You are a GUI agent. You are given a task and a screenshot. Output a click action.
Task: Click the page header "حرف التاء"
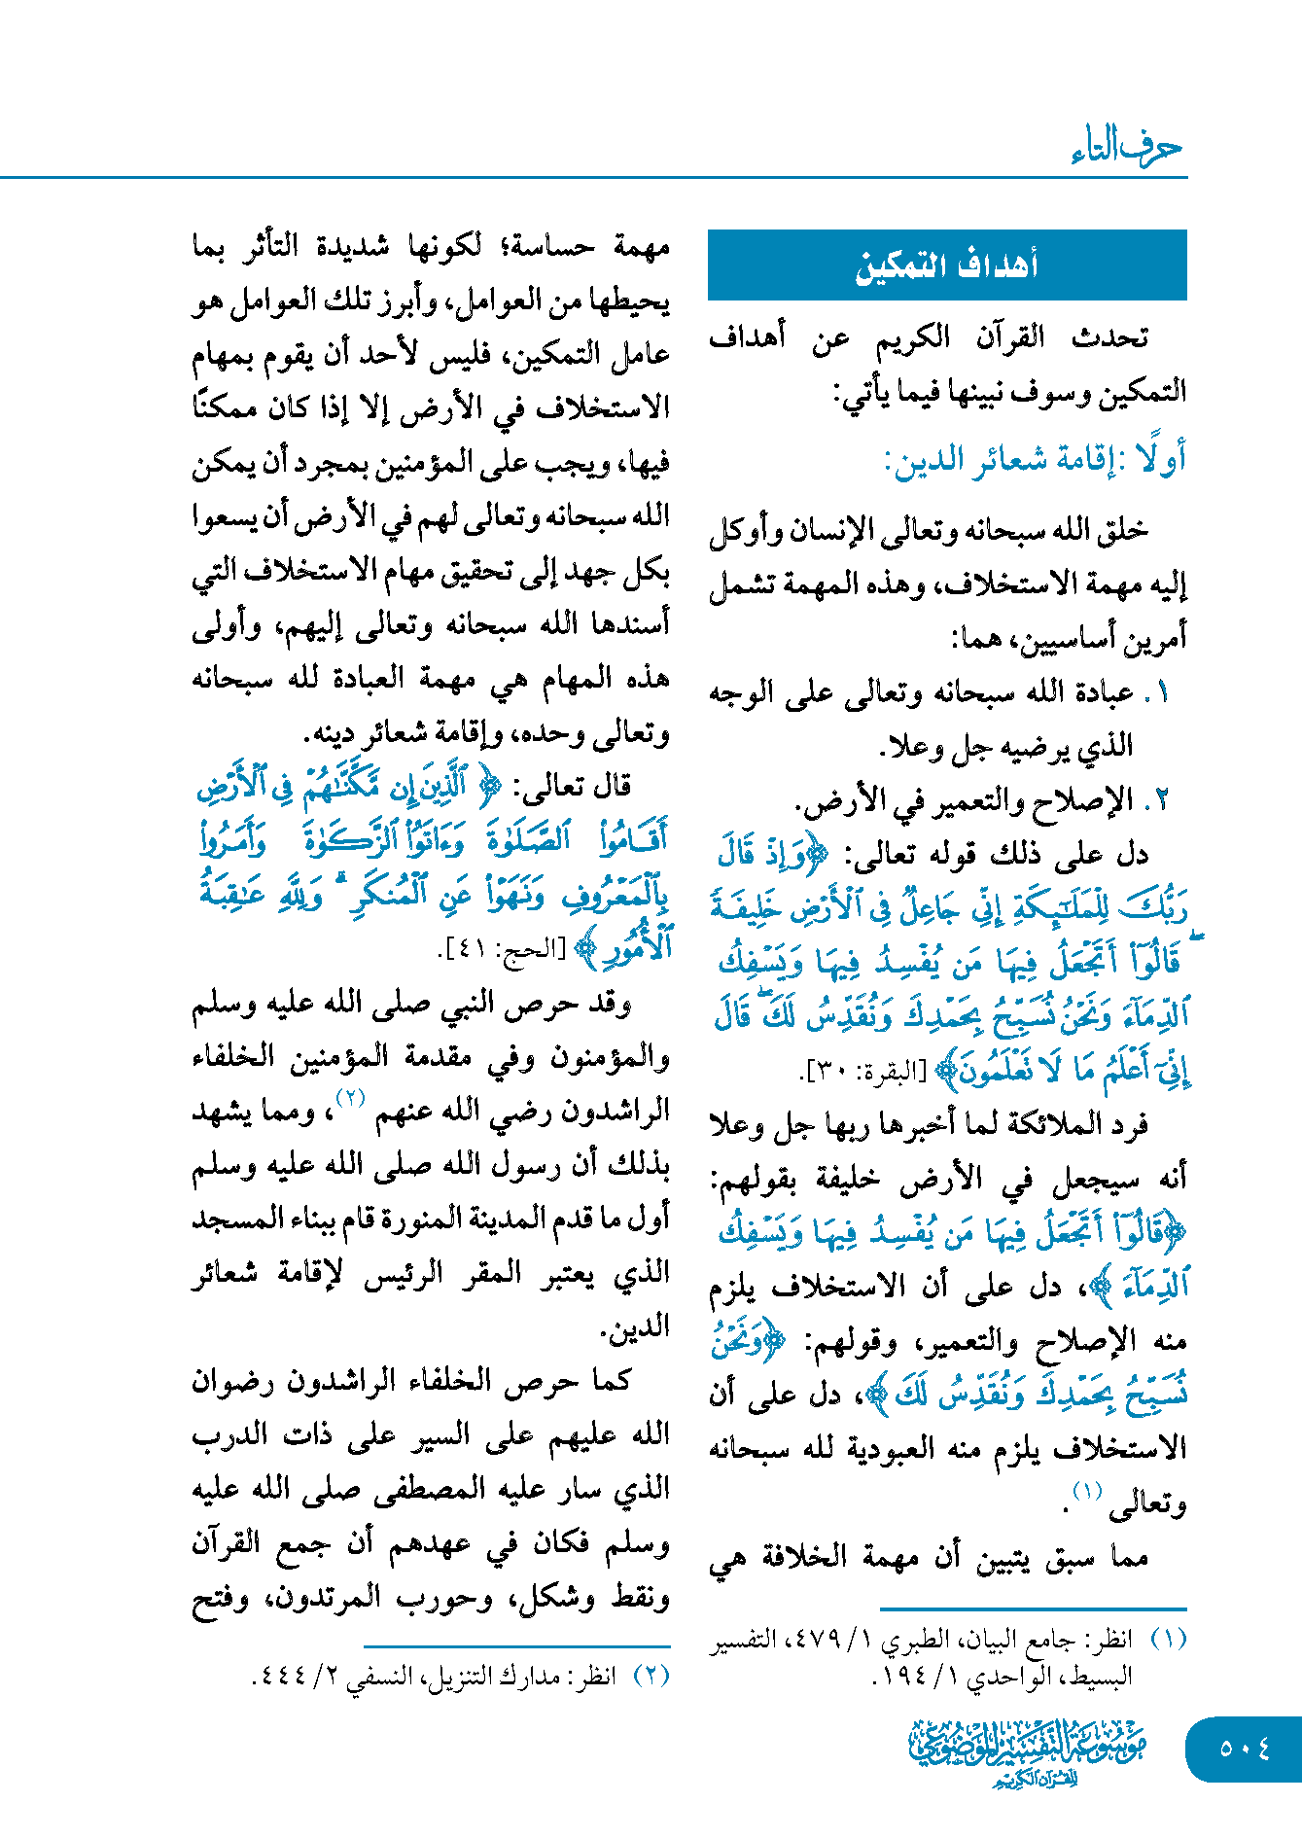[1127, 148]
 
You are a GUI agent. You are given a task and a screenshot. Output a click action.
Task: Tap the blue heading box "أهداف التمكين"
[947, 265]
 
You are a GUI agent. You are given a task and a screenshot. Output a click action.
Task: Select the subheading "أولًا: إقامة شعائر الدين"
[1035, 459]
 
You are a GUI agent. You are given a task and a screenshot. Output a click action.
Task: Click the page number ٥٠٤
[1245, 1748]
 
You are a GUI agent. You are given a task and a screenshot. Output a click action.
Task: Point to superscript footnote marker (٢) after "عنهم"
[350, 1098]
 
